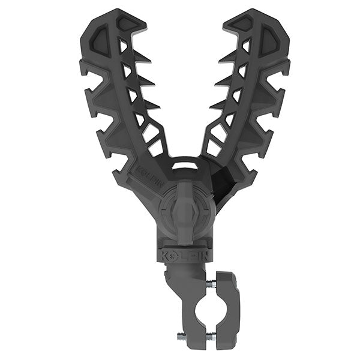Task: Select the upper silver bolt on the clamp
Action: click(211, 283)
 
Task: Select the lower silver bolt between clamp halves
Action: click(211, 337)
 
